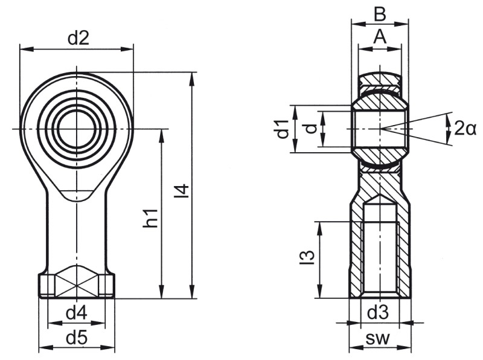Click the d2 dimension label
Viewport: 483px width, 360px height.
point(78,38)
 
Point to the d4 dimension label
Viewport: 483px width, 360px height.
point(76,313)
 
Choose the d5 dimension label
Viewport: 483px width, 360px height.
point(76,338)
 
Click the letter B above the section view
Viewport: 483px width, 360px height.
point(380,13)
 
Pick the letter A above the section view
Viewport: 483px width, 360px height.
point(380,37)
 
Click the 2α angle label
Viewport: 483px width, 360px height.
point(465,128)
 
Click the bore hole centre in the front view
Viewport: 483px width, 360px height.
point(77,129)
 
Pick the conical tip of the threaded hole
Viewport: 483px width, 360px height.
point(380,200)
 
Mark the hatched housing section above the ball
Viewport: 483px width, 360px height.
point(380,80)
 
